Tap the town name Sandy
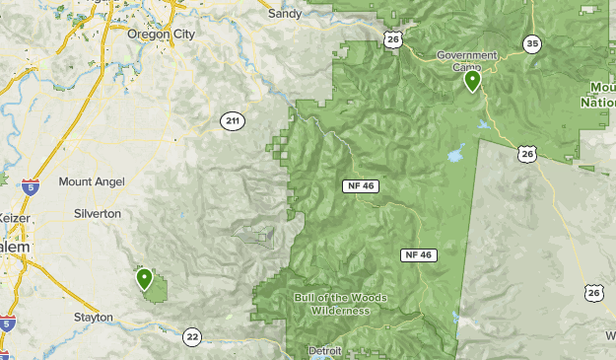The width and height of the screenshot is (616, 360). click(x=286, y=15)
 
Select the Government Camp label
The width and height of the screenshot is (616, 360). click(x=466, y=60)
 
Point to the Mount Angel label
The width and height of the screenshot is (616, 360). click(x=91, y=181)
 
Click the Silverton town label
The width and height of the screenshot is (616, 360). click(x=98, y=213)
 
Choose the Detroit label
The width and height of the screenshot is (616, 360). click(x=325, y=350)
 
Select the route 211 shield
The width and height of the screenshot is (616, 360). click(x=232, y=121)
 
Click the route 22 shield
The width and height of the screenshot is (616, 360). click(x=191, y=337)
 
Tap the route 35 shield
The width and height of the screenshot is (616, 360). click(x=532, y=43)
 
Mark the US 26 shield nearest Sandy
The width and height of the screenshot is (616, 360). click(x=392, y=38)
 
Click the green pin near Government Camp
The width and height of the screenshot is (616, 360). click(x=473, y=81)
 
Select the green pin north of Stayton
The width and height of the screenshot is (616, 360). click(x=145, y=279)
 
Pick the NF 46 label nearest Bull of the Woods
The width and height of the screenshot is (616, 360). click(x=418, y=254)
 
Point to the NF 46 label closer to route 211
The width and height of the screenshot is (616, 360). click(x=362, y=185)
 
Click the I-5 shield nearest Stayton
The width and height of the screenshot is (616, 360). click(x=8, y=323)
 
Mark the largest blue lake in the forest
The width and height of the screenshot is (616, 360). click(x=456, y=155)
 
